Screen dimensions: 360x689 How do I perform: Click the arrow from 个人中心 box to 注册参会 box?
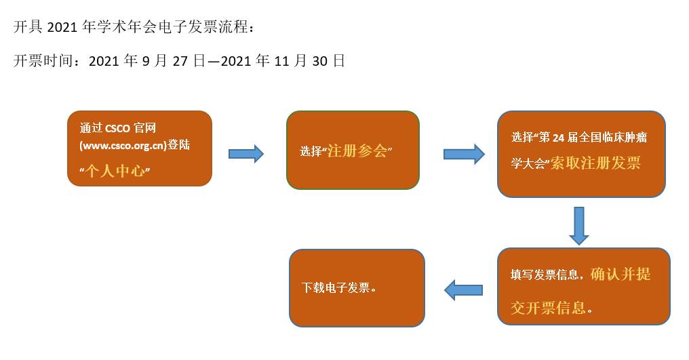pyautogui.click(x=245, y=154)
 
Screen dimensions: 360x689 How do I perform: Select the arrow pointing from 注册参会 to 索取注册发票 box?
pyautogui.click(x=464, y=154)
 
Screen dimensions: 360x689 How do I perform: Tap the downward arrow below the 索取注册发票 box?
pyautogui.click(x=578, y=225)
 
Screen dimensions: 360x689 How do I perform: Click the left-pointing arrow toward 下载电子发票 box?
pyautogui.click(x=463, y=290)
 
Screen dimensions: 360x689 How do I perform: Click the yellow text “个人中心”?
pyautogui.click(x=115, y=171)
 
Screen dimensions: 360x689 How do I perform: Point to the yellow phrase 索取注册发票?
pyautogui.click(x=595, y=163)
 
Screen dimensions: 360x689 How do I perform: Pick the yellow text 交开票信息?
pyautogui.click(x=548, y=308)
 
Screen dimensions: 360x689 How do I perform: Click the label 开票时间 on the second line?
pyautogui.click(x=42, y=61)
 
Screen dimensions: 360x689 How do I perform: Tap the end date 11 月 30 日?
pyautogui.click(x=310, y=61)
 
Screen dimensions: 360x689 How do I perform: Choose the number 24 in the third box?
pyautogui.click(x=558, y=138)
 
